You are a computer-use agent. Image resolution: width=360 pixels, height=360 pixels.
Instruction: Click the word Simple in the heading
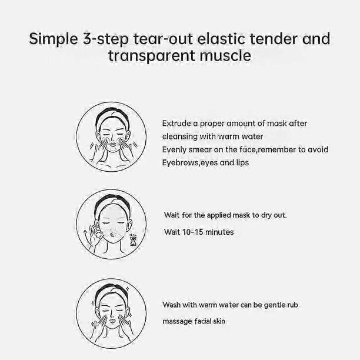[54, 39]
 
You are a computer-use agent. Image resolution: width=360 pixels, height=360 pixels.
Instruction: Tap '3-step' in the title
[106, 39]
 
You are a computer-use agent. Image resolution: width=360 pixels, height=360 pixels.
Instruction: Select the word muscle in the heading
[225, 56]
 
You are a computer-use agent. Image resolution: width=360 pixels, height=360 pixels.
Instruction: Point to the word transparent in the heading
[152, 56]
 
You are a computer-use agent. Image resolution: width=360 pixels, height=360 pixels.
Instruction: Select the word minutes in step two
[219, 232]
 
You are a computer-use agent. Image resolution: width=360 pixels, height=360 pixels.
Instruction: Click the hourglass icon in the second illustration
[133, 240]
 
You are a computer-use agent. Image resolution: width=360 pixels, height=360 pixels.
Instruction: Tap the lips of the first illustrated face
[113, 145]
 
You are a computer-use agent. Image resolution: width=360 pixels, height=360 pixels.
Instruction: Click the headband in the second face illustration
[112, 203]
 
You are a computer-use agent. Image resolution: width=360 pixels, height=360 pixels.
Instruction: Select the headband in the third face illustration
[112, 291]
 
